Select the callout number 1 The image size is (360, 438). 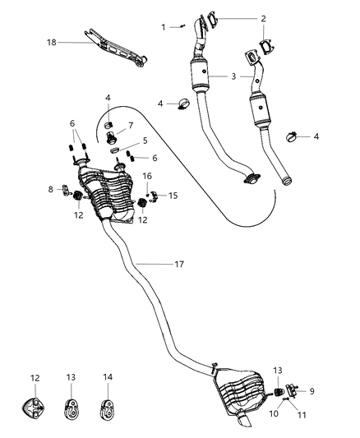(x=163, y=27)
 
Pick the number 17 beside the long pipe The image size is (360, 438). (x=180, y=265)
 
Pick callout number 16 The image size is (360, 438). (x=147, y=176)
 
